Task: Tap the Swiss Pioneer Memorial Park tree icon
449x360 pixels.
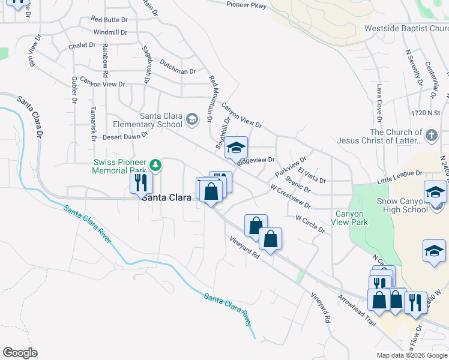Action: [x=155, y=164]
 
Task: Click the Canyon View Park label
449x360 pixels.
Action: [x=349, y=218]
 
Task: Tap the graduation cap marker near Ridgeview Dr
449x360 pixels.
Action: [x=237, y=148]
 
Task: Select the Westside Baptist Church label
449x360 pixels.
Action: [x=406, y=28]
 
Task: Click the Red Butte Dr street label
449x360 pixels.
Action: [x=109, y=19]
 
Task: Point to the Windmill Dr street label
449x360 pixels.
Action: [x=110, y=32]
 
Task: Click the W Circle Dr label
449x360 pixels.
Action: [x=310, y=223]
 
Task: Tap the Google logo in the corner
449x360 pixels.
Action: [x=20, y=353]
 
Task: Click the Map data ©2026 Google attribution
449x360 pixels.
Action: [x=412, y=355]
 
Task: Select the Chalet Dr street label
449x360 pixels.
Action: [x=82, y=45]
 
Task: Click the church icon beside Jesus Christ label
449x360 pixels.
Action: [x=432, y=136]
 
